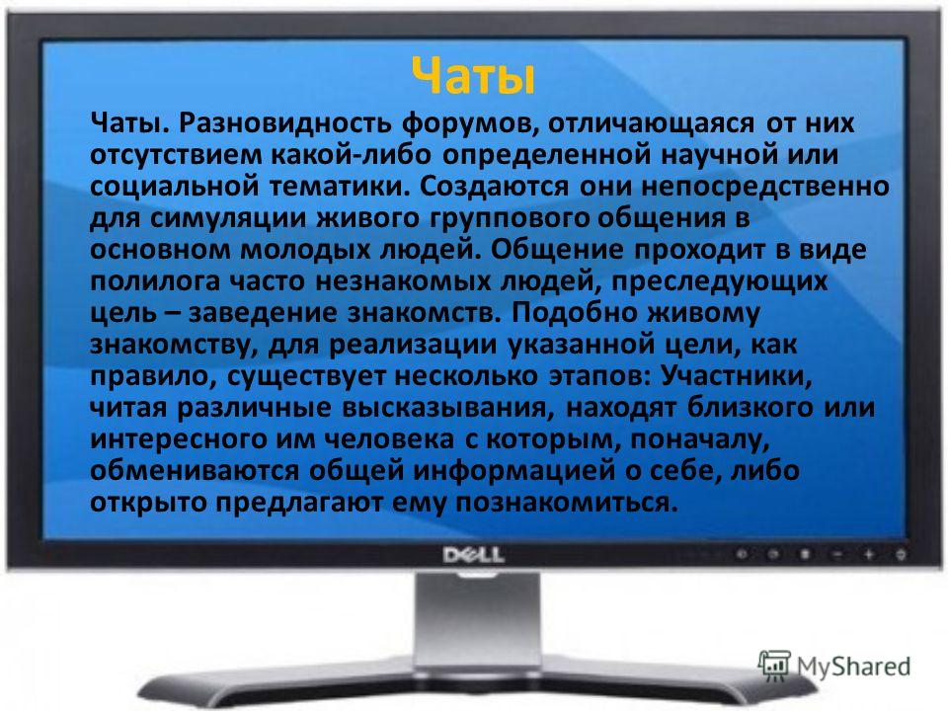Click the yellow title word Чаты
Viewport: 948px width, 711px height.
pos(473,77)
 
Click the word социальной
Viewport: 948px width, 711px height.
pos(175,188)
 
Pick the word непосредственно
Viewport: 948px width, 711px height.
pos(764,188)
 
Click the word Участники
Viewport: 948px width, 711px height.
pos(736,377)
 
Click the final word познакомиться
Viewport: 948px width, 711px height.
pos(567,503)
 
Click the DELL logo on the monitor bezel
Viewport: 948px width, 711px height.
pos(473,555)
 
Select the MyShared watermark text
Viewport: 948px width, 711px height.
pos(853,667)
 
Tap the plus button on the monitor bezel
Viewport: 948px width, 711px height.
pos(869,554)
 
